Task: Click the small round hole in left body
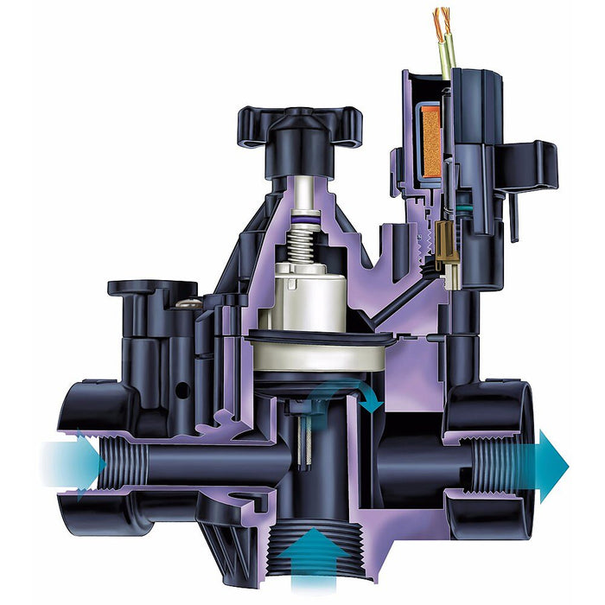[181, 390]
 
